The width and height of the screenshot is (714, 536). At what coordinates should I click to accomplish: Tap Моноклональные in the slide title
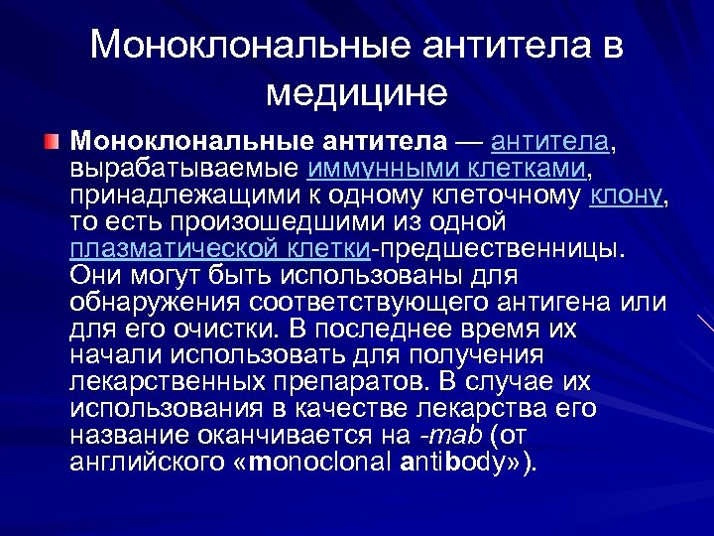249,46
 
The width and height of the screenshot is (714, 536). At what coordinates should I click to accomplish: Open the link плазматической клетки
220,245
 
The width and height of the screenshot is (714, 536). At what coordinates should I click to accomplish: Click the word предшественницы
500,245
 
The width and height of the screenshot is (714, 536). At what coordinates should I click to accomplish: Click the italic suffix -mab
451,436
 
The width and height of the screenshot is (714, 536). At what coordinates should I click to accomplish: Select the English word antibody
460,463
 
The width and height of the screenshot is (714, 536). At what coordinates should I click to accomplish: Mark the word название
133,436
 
